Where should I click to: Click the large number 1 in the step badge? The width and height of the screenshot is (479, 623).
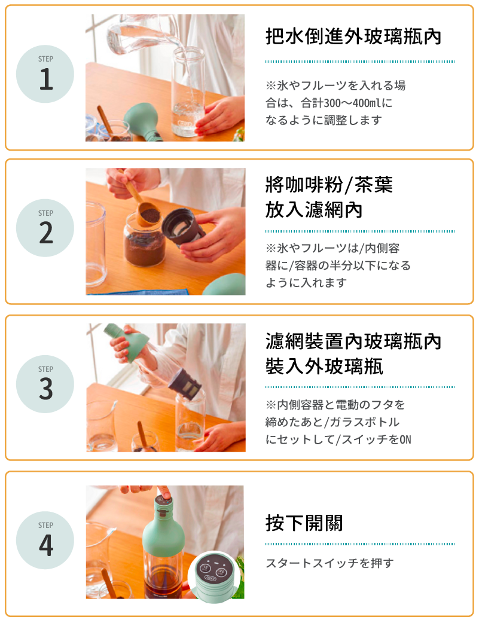click(46, 79)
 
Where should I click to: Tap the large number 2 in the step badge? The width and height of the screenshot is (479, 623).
click(45, 233)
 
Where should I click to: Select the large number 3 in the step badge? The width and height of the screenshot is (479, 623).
click(45, 389)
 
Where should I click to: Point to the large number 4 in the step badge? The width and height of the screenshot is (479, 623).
click(46, 545)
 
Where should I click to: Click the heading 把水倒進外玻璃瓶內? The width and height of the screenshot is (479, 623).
click(353, 36)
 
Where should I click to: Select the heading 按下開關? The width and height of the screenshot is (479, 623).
click(304, 523)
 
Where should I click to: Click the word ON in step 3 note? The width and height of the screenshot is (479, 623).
click(405, 439)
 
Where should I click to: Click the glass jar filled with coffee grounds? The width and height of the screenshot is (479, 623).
click(144, 241)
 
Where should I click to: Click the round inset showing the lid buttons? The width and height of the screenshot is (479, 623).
click(215, 574)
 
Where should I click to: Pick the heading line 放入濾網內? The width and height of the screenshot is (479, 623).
click(313, 209)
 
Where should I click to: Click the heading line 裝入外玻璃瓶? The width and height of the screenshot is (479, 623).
click(324, 366)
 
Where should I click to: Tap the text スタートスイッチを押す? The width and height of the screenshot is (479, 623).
click(329, 563)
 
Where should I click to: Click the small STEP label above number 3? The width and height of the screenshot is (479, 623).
click(45, 369)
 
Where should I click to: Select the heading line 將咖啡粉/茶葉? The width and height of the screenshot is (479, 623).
click(329, 184)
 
